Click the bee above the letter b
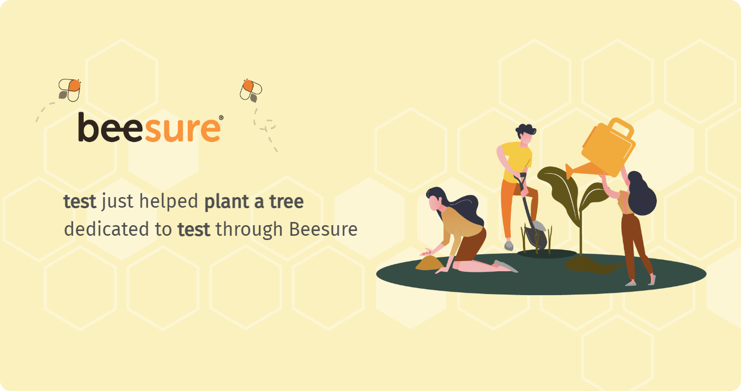[x=69, y=90]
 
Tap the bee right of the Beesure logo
[x=251, y=91]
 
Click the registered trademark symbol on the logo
[x=221, y=118]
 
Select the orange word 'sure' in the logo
[x=182, y=130]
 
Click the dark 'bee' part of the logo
[x=111, y=128]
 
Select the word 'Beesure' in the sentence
[x=323, y=229]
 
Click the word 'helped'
[x=168, y=202]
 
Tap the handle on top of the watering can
[x=621, y=128]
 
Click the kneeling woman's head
[x=435, y=199]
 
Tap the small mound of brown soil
[x=429, y=263]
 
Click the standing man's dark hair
[x=526, y=129]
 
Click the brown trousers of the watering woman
[x=635, y=245]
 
